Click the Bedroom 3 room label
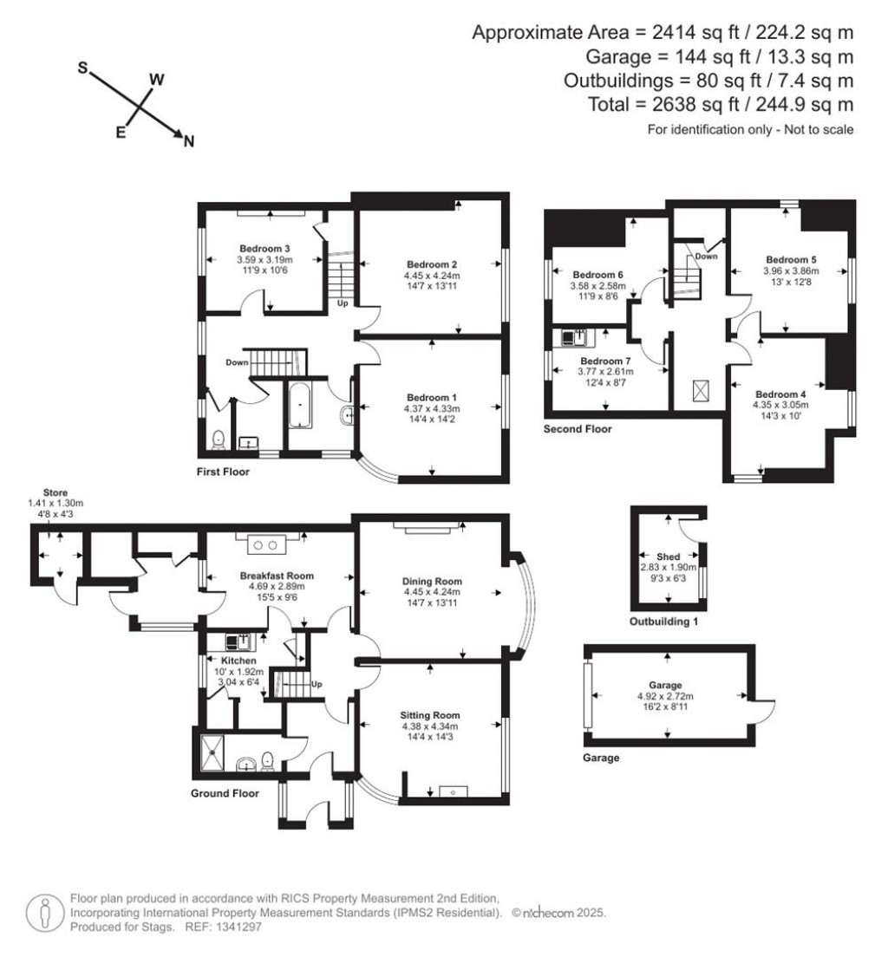point(264,249)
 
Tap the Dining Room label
point(432,581)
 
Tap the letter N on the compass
point(188,143)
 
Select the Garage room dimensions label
point(667,696)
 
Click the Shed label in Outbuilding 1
point(668,557)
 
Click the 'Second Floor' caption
point(577,429)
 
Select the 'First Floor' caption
point(222,472)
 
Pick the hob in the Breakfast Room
point(268,545)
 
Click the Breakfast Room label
point(277,575)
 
